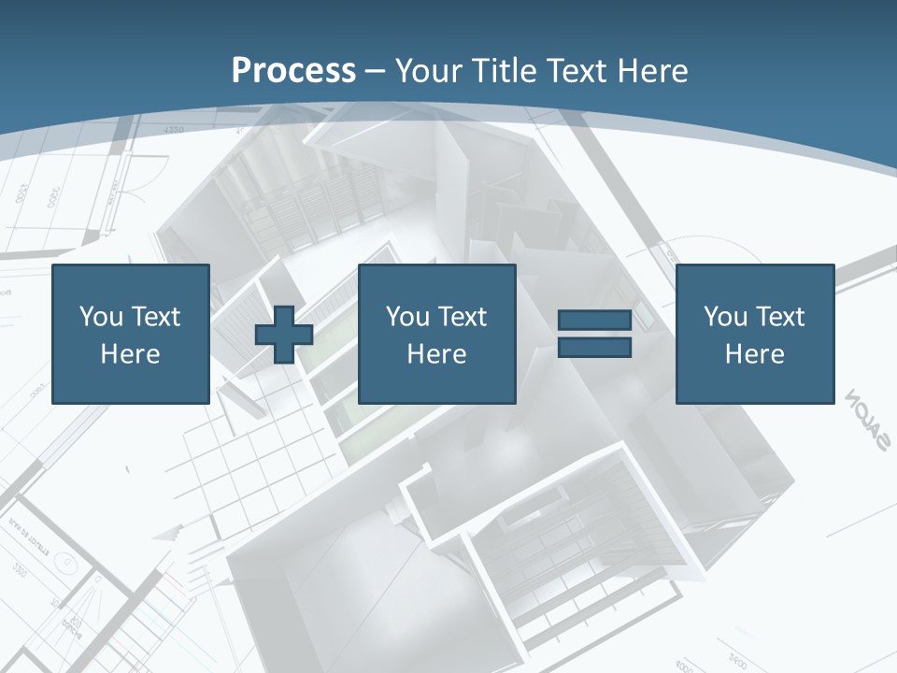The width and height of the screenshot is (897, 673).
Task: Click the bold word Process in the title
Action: coord(293,70)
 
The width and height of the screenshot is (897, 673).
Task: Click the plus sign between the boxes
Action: coord(284,334)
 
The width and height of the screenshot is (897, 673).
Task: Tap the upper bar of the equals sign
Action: coord(595,321)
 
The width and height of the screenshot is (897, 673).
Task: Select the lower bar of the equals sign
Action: coord(595,347)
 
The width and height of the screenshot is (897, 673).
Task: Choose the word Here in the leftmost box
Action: coord(130,354)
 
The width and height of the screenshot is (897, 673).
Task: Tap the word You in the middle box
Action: coord(406,317)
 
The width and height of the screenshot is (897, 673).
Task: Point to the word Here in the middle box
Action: coord(436,354)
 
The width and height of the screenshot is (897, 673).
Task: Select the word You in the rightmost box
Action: coord(724,317)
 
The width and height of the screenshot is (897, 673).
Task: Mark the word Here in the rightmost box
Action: coord(754,354)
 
